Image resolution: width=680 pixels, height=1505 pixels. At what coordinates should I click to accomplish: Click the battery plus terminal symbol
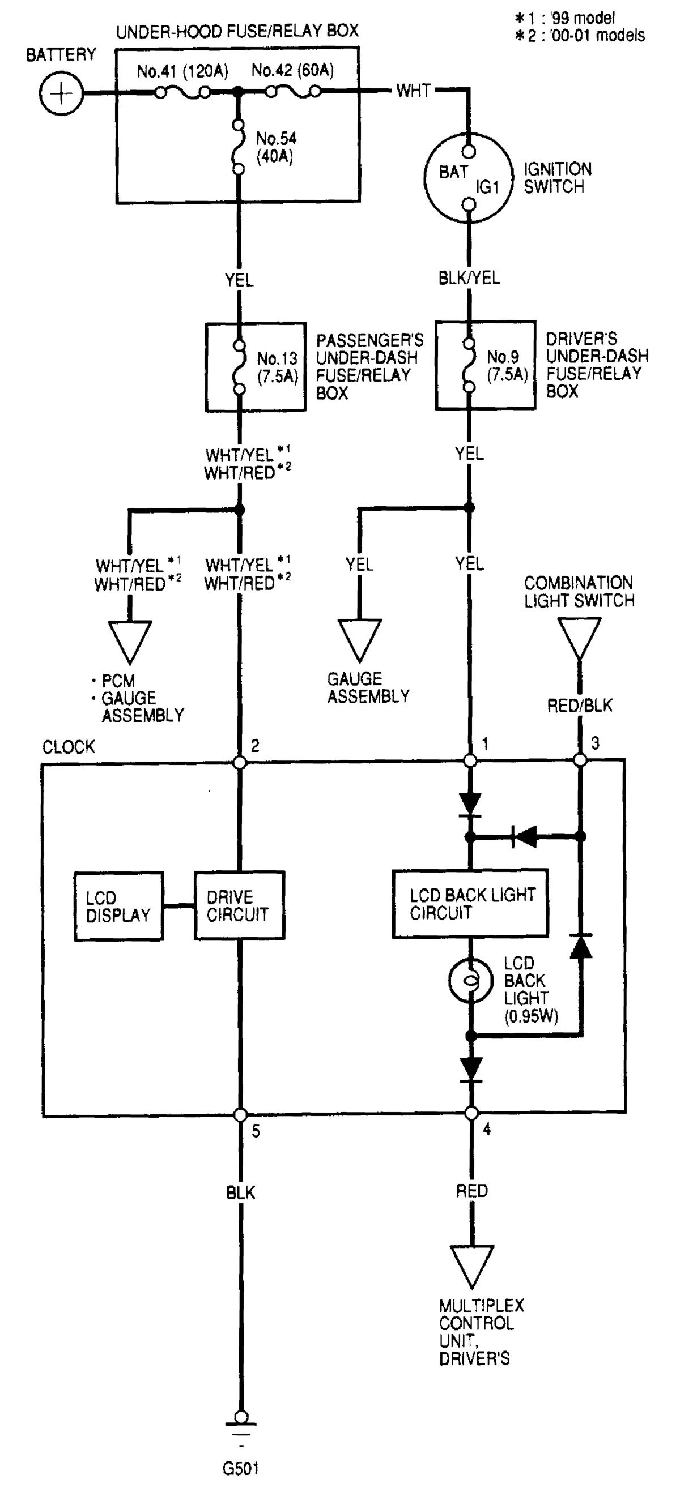click(61, 93)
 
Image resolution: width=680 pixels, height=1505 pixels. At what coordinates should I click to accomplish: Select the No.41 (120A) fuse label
click(182, 71)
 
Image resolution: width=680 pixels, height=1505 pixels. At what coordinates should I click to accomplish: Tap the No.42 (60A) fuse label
click(292, 71)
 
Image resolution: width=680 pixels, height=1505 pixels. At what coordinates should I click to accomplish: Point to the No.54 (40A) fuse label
click(276, 147)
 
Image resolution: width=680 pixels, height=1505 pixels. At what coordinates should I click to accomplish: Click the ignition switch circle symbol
click(467, 178)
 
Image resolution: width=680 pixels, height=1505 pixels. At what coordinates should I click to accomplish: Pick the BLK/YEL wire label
click(469, 278)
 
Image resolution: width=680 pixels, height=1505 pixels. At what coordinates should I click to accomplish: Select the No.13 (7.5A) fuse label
click(277, 367)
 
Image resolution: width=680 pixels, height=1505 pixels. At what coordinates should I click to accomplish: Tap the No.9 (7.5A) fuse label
click(507, 365)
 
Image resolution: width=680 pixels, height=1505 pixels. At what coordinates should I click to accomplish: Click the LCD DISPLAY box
click(118, 906)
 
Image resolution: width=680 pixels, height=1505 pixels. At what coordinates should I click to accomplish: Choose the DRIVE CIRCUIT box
click(239, 905)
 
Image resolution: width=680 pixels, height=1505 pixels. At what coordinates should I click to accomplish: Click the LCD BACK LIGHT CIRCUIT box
click(470, 904)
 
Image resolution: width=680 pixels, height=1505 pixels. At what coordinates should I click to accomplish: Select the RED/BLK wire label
click(580, 706)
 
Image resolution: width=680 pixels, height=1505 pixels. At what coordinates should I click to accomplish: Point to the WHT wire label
click(413, 91)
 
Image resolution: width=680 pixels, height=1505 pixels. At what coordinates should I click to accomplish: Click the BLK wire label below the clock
click(241, 1192)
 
